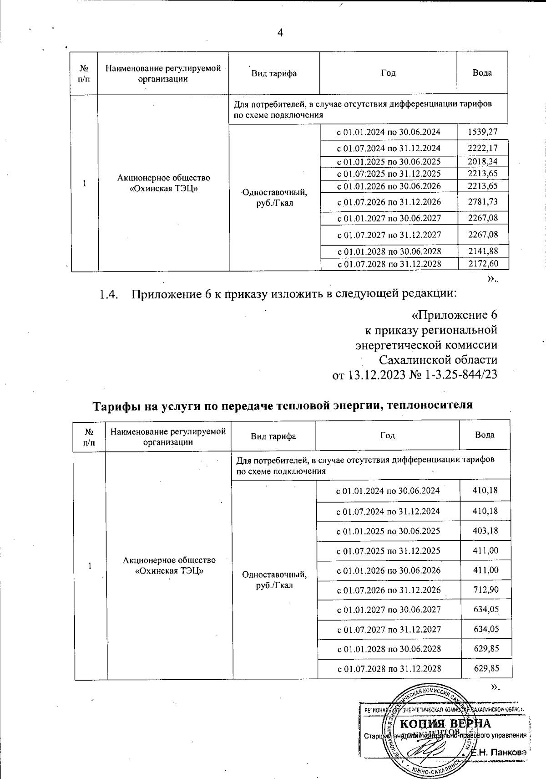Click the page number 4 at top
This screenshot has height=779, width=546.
click(x=280, y=33)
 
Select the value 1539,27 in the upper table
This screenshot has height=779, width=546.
click(x=483, y=132)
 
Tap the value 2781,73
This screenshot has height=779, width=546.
click(x=483, y=202)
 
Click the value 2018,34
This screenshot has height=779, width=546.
click(x=483, y=161)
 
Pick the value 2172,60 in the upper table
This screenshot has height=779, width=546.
click(x=483, y=263)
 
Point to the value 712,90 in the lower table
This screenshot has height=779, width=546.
click(x=486, y=590)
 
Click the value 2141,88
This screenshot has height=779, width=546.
click(x=483, y=251)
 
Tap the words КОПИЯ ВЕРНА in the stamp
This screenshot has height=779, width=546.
click(x=445, y=724)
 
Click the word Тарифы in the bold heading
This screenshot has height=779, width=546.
click(x=116, y=405)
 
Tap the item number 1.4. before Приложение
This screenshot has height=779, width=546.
click(x=109, y=294)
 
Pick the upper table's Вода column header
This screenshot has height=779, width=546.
click(x=482, y=73)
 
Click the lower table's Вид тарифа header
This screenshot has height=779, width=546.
click(x=273, y=436)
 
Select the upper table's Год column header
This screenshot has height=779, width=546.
click(x=388, y=73)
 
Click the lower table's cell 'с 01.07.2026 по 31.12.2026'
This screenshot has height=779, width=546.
click(x=388, y=590)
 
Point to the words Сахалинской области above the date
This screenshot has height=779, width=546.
click(x=438, y=360)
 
